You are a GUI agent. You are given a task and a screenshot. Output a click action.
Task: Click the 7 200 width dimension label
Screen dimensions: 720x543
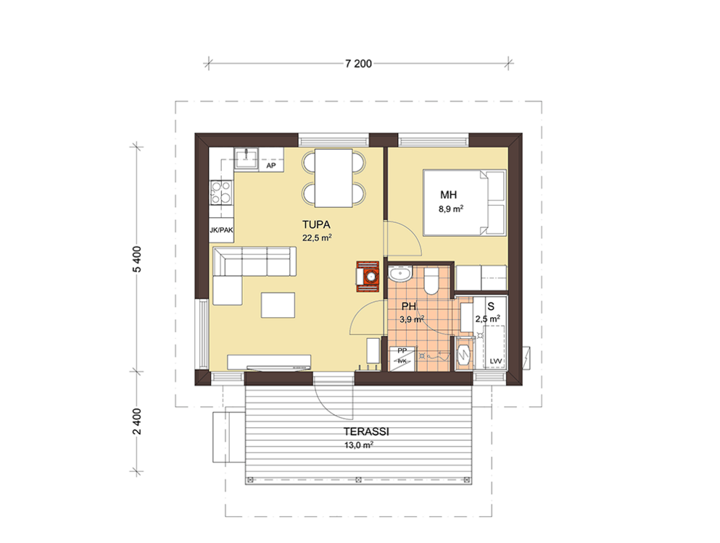[x=359, y=64]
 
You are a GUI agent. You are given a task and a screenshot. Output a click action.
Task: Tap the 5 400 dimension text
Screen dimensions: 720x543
[x=137, y=260]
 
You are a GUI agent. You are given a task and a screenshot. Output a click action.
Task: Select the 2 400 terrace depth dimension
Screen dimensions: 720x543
[x=137, y=421]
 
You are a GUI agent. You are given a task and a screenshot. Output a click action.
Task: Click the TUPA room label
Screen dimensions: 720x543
[x=316, y=224]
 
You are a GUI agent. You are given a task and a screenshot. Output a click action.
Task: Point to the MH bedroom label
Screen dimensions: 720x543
[x=449, y=195]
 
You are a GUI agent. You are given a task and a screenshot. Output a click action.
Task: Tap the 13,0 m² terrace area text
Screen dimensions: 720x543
[x=359, y=445]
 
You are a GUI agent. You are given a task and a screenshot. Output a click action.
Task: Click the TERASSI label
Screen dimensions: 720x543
[x=366, y=432]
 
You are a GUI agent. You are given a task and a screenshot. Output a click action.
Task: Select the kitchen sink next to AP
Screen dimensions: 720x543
[x=246, y=159]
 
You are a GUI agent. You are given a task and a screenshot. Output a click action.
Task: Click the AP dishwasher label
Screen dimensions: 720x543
[x=271, y=166]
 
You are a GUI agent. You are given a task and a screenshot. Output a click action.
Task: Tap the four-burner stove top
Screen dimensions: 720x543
[x=221, y=193]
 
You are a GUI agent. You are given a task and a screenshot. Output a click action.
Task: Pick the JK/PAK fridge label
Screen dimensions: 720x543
[x=221, y=230]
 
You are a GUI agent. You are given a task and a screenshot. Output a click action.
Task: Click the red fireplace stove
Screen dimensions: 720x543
[x=368, y=277]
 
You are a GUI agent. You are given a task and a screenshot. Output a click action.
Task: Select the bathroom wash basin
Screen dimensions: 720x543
[x=400, y=274]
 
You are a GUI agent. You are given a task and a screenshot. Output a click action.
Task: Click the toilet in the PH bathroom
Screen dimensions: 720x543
[x=431, y=282]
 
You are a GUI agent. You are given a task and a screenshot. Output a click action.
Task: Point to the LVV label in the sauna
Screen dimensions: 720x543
[x=495, y=361]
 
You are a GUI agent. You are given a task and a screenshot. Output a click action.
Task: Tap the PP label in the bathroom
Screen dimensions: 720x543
[x=402, y=351]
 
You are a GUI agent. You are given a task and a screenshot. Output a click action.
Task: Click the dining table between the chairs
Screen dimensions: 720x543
[x=334, y=178]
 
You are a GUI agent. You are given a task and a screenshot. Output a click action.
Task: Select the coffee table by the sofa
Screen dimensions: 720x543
[x=278, y=305]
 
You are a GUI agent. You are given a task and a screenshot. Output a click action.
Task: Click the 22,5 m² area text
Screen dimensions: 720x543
[x=317, y=237]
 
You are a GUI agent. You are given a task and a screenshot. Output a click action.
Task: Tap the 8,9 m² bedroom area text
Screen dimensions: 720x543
[x=451, y=209]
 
